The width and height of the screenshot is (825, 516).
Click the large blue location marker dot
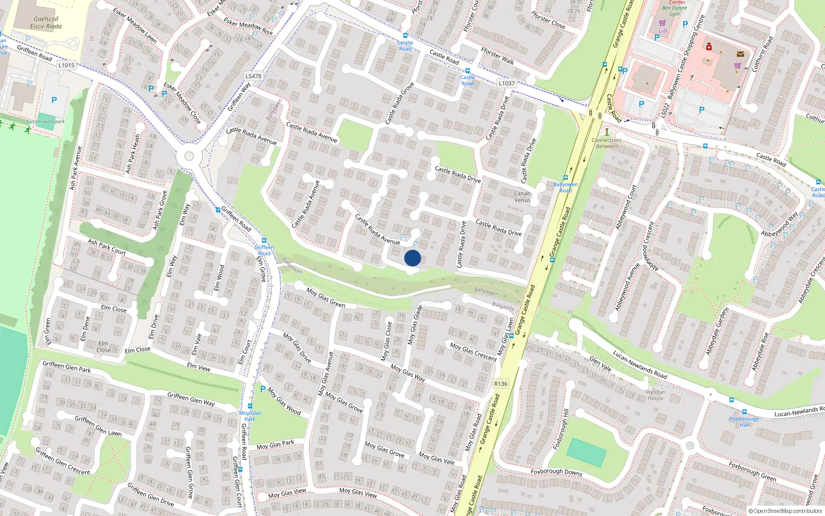(x=412, y=258)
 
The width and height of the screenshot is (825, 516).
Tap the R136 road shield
(x=500, y=383)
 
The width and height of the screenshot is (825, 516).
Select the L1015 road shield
(x=67, y=65)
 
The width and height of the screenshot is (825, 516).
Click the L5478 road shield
(x=253, y=76)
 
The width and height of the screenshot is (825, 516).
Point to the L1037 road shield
(x=506, y=83)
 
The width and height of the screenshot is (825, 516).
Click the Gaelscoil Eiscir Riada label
(x=46, y=23)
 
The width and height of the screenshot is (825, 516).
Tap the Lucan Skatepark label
(x=46, y=122)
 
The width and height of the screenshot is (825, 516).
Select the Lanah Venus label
(x=522, y=197)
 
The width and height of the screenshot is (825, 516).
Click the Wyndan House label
(x=655, y=395)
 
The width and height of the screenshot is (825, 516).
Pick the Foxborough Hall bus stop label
(x=744, y=422)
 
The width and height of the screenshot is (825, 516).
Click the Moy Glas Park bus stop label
(x=250, y=415)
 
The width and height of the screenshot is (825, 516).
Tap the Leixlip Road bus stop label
(x=405, y=45)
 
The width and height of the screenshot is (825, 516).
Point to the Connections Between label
(x=607, y=143)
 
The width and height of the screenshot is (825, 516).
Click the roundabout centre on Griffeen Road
(x=189, y=156)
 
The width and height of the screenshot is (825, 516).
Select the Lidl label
(x=663, y=31)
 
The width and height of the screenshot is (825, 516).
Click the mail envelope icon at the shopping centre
(x=740, y=54)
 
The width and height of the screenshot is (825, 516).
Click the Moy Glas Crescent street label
(x=473, y=351)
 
